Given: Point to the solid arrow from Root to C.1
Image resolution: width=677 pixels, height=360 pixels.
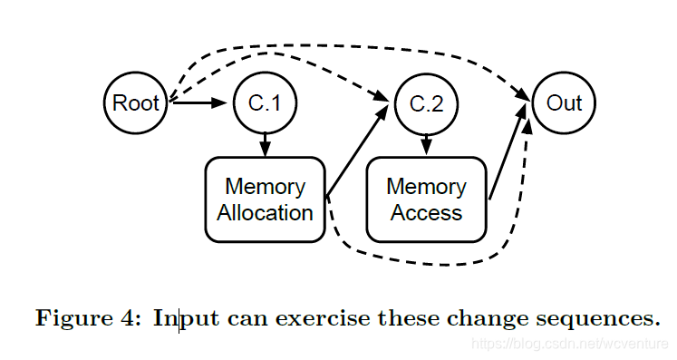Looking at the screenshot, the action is click(x=198, y=102).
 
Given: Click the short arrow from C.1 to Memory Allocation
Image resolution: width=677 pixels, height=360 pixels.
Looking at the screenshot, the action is click(x=265, y=145).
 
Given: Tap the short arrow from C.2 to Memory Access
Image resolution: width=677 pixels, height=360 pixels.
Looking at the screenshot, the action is click(x=426, y=145).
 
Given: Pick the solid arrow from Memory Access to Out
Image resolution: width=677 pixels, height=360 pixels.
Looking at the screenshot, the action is click(x=508, y=151).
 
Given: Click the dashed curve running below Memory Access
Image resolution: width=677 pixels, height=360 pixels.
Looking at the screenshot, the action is click(x=445, y=264).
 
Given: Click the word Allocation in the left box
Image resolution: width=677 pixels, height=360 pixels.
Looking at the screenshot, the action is click(x=265, y=212).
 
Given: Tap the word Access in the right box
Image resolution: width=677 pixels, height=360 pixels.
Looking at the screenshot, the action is click(x=426, y=212).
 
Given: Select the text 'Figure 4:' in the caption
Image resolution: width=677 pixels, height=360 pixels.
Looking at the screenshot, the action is click(x=88, y=318).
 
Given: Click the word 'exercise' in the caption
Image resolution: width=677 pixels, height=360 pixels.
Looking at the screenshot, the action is click(x=323, y=318).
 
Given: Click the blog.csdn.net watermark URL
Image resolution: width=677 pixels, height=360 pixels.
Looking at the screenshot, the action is click(x=570, y=344).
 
